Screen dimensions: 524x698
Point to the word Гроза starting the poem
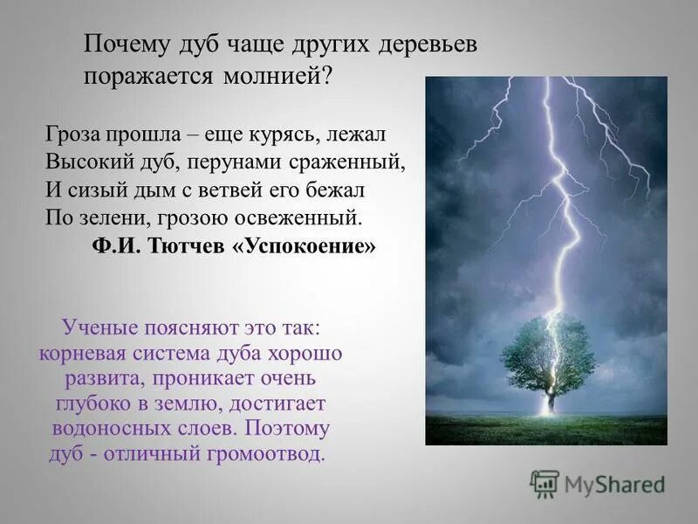click(x=73, y=136)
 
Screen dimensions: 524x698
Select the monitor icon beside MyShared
click(x=544, y=484)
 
